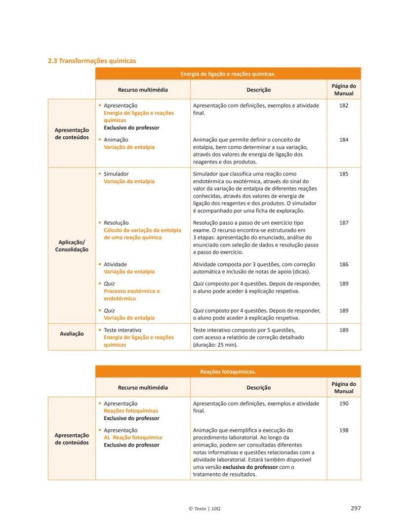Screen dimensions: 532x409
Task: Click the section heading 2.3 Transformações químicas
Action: pyautogui.click(x=91, y=61)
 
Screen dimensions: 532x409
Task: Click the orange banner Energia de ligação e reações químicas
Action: pyautogui.click(x=228, y=74)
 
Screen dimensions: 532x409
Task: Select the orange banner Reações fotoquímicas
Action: pyautogui.click(x=228, y=371)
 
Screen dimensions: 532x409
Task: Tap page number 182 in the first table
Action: pyautogui.click(x=344, y=106)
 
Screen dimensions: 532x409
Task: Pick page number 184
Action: pyautogui.click(x=344, y=140)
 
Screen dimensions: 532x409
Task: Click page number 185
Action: pyautogui.click(x=344, y=174)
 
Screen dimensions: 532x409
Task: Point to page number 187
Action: pyautogui.click(x=344, y=223)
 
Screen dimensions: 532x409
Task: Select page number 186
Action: pyautogui.click(x=344, y=264)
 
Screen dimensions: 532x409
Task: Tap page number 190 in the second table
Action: pyautogui.click(x=344, y=404)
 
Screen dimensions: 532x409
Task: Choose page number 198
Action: pyautogui.click(x=344, y=430)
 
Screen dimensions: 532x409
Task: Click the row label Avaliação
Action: pyautogui.click(x=72, y=333)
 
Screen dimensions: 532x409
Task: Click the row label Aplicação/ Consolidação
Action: pyautogui.click(x=72, y=246)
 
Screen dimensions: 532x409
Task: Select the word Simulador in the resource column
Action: pyautogui.click(x=116, y=174)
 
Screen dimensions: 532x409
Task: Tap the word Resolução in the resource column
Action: pyautogui.click(x=116, y=223)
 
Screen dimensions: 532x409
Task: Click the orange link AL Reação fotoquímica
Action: pyautogui.click(x=132, y=438)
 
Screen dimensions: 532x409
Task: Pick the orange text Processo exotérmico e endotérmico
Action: pyautogui.click(x=131, y=295)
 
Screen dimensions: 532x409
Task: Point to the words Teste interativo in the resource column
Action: pyautogui.click(x=123, y=330)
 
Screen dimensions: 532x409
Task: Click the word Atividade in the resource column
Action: pyautogui.click(x=115, y=264)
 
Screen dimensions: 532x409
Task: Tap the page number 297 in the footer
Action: pyautogui.click(x=355, y=508)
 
